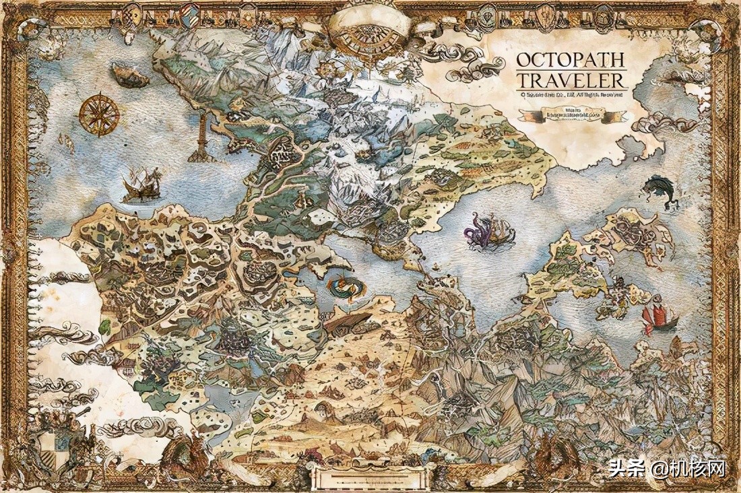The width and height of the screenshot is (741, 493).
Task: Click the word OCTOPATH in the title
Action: [571, 59]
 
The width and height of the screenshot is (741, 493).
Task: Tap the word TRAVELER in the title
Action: [571, 81]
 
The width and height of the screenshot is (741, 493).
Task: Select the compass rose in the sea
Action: [99, 113]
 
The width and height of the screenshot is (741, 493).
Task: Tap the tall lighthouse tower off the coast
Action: [202, 135]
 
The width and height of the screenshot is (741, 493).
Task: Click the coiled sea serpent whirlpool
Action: [344, 286]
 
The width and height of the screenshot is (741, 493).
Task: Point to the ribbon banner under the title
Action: [573, 117]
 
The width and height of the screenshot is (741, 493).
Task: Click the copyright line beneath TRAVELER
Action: [571, 96]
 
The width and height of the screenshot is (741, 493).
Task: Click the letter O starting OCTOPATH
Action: [523, 59]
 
